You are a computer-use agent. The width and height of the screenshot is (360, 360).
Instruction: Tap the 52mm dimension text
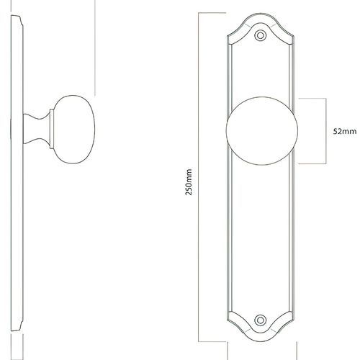(345, 132)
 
